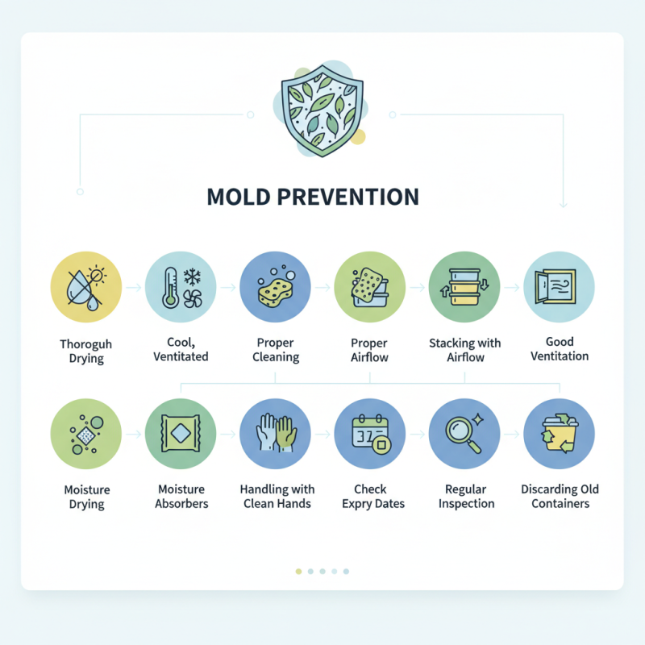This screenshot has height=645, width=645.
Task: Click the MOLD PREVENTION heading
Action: coord(314,196)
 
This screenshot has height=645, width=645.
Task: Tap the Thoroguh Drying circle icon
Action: coord(85,288)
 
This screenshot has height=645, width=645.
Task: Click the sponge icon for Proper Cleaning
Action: coord(275,288)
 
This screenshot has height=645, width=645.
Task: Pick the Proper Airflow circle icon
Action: coord(369,288)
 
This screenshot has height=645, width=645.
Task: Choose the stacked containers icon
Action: coord(464,288)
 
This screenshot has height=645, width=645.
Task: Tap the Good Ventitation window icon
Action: coord(559,288)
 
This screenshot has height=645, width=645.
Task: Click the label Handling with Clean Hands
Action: coord(277,497)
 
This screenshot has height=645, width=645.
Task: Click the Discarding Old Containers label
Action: coord(560,497)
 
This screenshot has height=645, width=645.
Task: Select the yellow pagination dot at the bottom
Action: coord(298,571)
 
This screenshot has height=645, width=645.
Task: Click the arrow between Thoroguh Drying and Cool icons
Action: coord(133,287)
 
